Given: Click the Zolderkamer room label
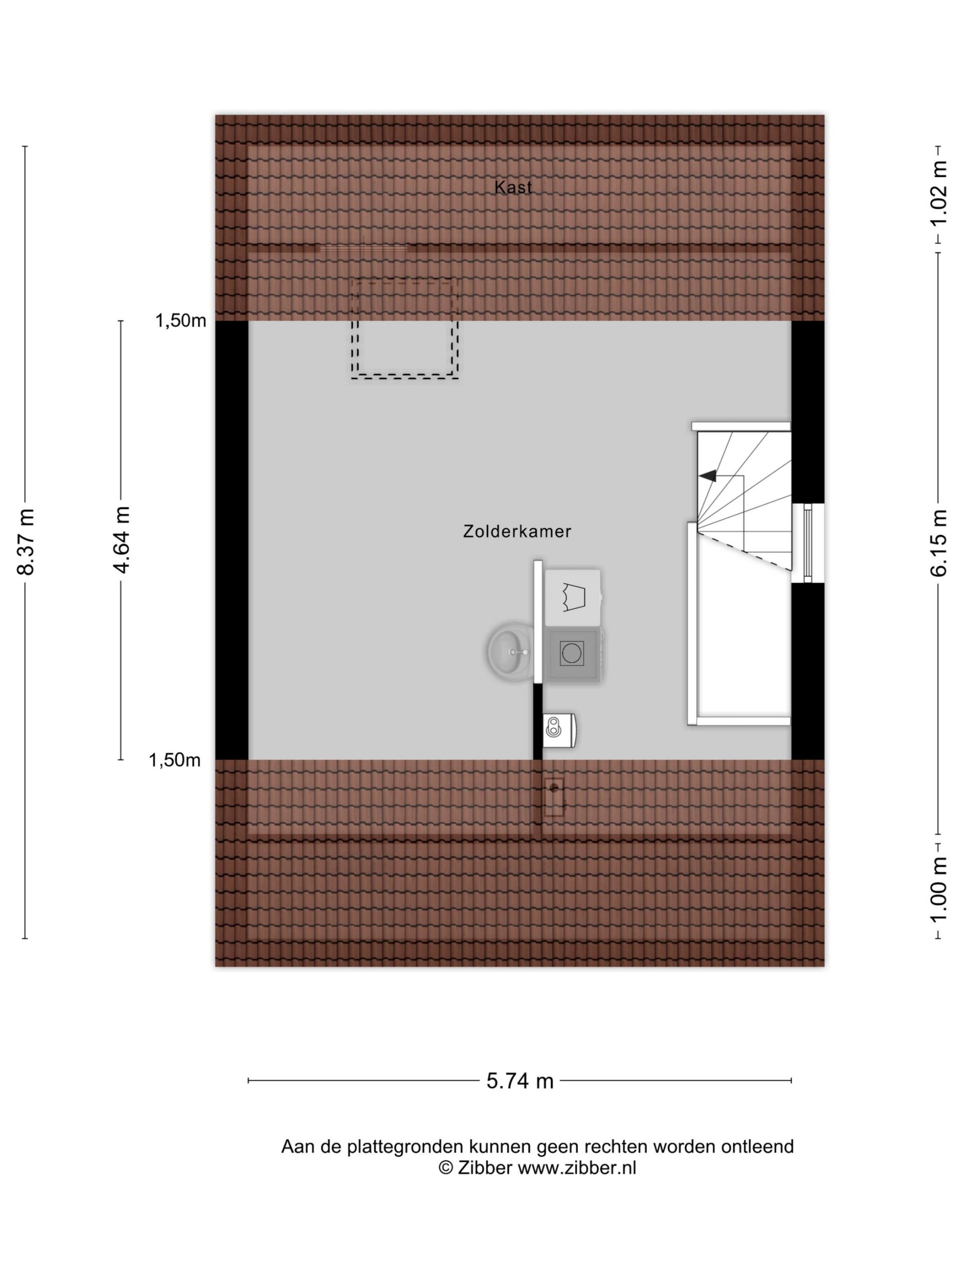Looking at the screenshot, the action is point(517,531).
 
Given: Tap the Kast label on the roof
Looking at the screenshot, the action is point(513,187).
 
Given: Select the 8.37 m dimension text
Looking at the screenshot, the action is point(26,542).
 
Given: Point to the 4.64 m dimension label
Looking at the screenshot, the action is point(121,540).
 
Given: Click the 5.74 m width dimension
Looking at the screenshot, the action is point(520,1081).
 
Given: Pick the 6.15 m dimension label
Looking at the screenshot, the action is point(938,542).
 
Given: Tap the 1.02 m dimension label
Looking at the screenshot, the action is point(938,194).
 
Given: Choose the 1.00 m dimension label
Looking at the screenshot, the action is point(938,890).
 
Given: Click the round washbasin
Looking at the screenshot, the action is point(510,652).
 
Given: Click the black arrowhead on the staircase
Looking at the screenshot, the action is point(707,476).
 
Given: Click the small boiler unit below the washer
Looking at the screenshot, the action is point(559,730).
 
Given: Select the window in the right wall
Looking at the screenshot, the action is point(808,542).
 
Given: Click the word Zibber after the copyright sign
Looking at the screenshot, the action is point(485,1167).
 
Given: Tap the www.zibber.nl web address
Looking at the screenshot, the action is point(577,1167).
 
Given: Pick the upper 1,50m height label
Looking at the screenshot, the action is point(181,320).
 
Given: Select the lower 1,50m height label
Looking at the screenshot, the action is point(175,760).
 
